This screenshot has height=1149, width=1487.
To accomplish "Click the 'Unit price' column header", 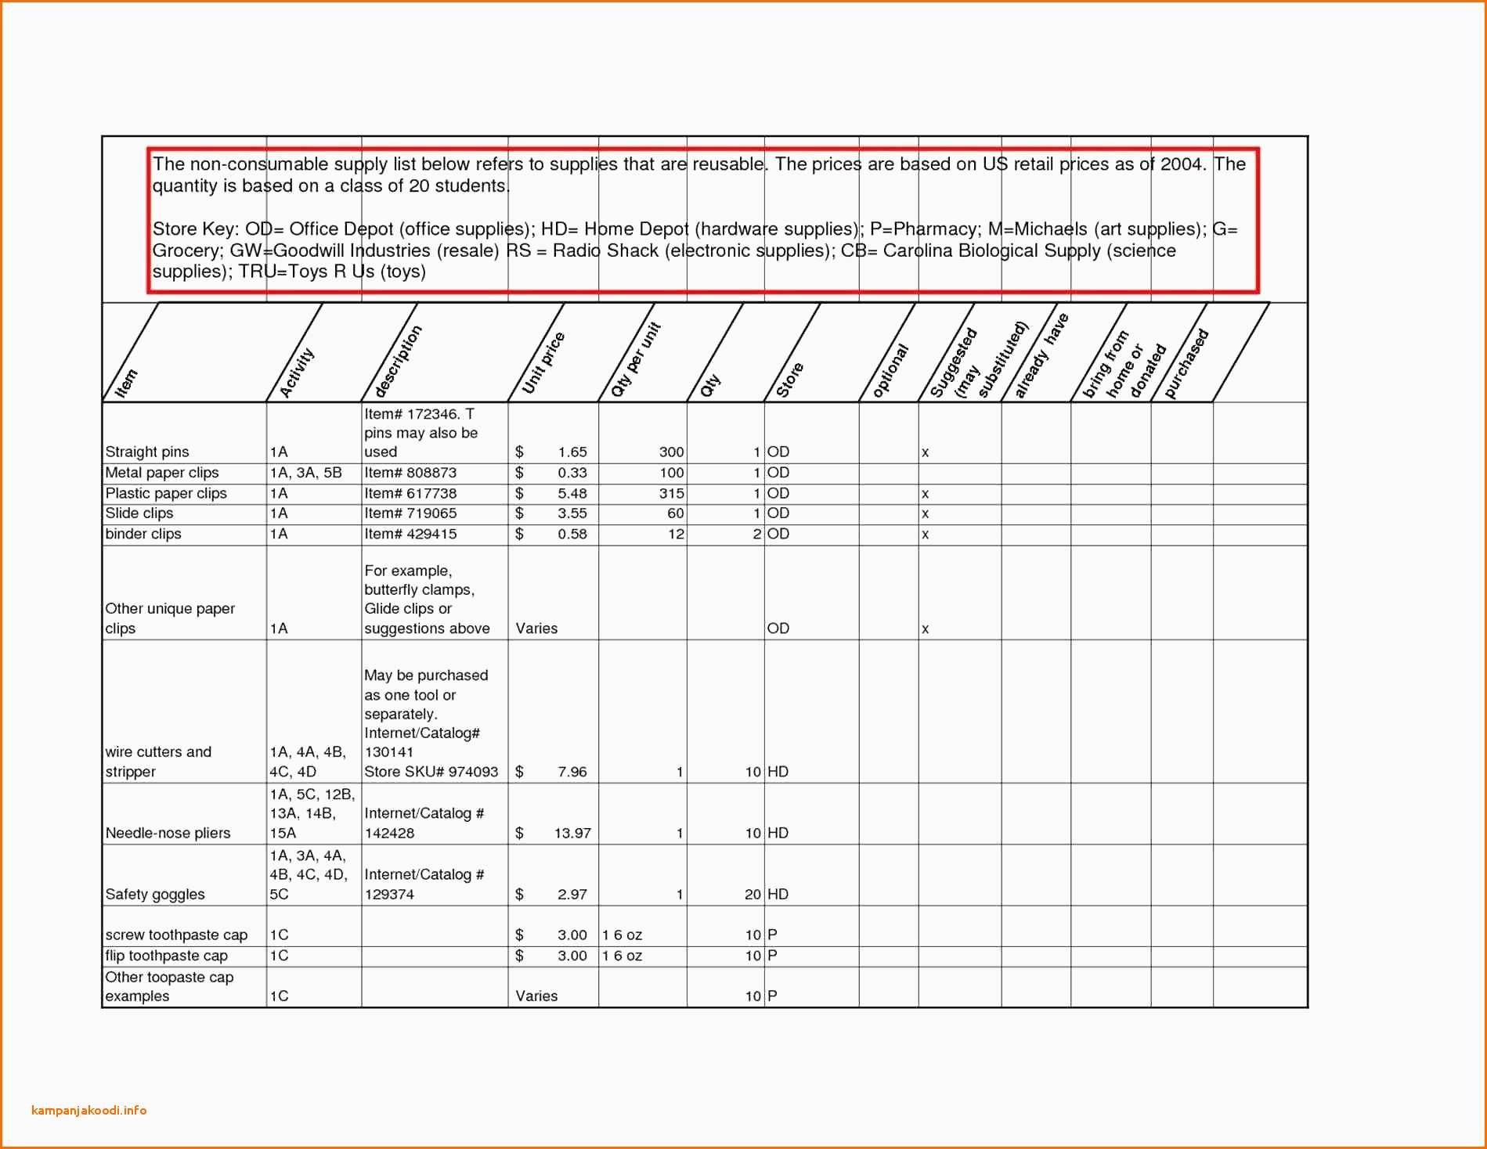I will (543, 362).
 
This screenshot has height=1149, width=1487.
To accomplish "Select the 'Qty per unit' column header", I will (635, 359).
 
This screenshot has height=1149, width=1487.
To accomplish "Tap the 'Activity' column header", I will (297, 373).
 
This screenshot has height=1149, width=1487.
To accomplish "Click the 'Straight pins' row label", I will (147, 452).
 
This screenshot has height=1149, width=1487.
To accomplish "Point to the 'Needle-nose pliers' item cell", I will (168, 833).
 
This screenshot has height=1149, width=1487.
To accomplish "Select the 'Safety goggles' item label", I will (155, 894).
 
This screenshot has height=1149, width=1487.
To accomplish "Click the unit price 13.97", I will (572, 833).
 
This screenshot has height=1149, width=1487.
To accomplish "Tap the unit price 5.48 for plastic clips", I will (572, 493).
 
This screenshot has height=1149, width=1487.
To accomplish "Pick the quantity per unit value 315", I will (671, 493).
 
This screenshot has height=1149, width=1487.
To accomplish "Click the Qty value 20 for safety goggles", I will (753, 894).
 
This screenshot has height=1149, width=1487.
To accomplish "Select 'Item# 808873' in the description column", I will (410, 473).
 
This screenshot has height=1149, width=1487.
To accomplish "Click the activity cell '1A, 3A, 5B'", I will (305, 473).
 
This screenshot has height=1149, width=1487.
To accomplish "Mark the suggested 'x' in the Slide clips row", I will (925, 514).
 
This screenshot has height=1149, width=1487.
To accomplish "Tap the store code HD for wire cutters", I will (778, 772).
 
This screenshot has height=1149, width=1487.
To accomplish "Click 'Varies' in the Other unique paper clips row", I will (536, 629).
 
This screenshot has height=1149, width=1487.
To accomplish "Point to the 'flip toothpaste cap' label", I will (166, 956).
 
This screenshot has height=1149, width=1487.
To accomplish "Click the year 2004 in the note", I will (1183, 164).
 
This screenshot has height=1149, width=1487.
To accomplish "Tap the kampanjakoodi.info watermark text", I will (89, 1110).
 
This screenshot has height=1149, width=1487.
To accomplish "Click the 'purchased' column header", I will (1186, 363).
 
